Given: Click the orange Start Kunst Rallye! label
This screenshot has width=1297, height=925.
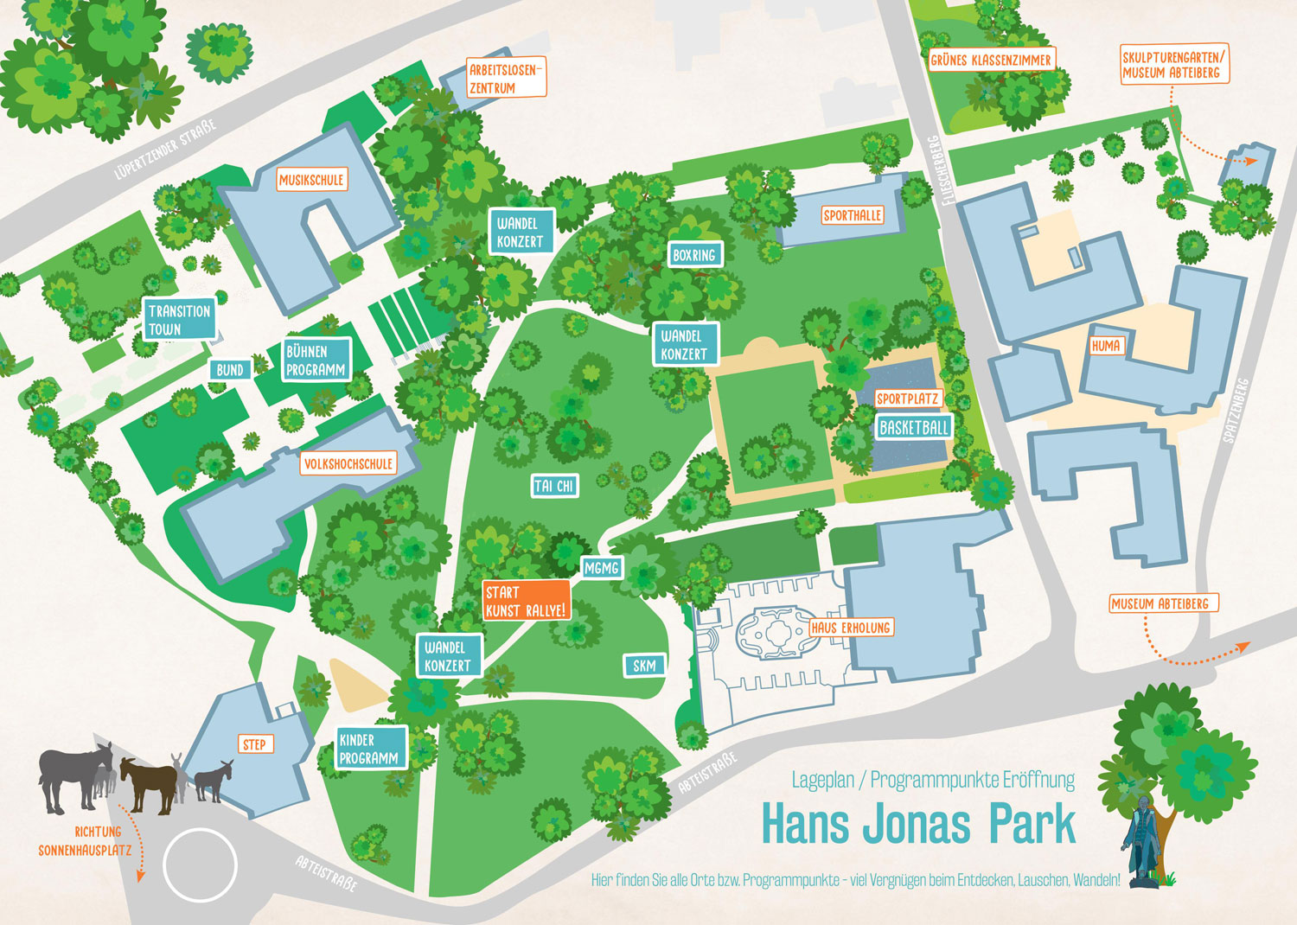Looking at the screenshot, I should [527, 601].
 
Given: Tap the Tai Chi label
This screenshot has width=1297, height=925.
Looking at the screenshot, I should [554, 486].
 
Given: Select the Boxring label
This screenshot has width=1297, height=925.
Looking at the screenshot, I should [694, 255].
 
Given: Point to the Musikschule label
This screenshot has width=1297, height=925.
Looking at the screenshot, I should [311, 180].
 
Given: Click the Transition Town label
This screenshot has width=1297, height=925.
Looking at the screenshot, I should [179, 320].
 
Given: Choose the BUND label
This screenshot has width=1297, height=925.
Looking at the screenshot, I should [230, 370].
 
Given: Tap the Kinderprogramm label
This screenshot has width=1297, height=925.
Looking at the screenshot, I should [371, 749].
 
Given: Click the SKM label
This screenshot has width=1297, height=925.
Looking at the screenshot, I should [645, 666].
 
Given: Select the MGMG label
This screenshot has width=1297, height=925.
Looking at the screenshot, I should [602, 568].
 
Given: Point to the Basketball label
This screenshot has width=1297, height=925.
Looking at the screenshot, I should [914, 427].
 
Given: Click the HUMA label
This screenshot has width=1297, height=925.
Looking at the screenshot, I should [1106, 346].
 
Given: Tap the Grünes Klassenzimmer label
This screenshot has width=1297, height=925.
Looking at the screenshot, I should [991, 60].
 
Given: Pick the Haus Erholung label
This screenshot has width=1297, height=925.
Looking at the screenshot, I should [851, 628].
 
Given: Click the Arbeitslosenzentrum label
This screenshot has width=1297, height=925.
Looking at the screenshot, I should [506, 79].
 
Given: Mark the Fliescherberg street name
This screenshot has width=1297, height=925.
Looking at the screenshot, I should [937, 170].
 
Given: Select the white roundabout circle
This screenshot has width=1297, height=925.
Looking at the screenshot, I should [200, 865].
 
